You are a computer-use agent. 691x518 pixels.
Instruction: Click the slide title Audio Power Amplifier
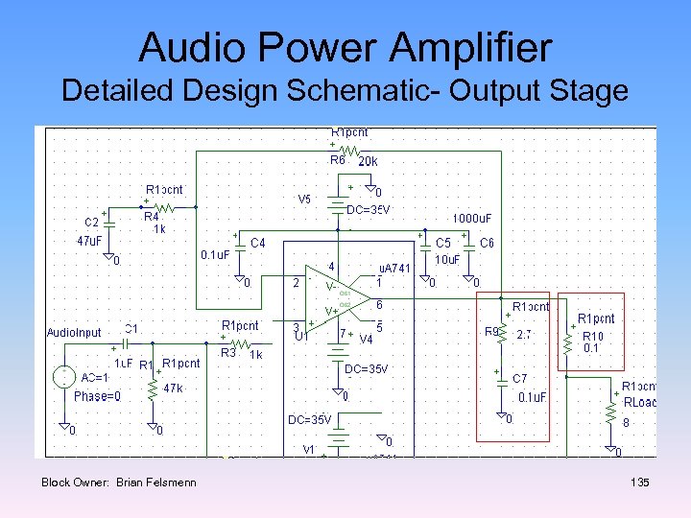345,47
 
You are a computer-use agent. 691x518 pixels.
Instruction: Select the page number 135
639,482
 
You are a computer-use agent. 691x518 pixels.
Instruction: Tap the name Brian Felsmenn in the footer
155,482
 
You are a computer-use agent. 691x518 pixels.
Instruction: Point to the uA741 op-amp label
393,269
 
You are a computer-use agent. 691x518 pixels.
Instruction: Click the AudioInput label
75,332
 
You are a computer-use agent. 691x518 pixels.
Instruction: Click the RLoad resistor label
639,402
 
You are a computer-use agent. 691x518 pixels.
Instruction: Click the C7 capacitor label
519,379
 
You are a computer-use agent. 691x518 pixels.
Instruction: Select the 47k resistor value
173,388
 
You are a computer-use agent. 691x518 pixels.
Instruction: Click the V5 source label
304,200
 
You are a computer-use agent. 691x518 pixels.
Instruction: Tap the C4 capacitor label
258,244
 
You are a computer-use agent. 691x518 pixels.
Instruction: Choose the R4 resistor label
151,217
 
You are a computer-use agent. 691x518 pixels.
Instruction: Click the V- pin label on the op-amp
330,287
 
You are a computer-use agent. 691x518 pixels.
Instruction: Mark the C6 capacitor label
487,244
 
